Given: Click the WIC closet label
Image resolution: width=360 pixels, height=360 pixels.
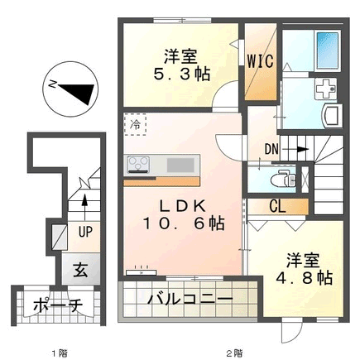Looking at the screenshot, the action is tap(260, 61).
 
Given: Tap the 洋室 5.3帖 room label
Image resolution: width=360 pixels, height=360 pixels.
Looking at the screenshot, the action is tap(181, 65).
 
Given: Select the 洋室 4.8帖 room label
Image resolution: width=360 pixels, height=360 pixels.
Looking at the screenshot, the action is tap(304, 269).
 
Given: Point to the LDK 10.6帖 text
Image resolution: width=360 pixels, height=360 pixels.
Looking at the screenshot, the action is tap(183, 214).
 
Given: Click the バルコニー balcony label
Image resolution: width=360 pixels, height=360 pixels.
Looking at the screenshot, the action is tap(190, 299).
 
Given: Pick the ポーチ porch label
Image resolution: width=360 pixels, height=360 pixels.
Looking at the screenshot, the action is tap(58, 305).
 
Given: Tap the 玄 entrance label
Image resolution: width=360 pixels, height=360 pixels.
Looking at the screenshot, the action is tap(80, 270).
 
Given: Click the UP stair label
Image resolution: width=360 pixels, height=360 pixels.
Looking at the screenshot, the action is tap(85, 232).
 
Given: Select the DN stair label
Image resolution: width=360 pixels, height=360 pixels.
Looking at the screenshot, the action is tap(271, 149).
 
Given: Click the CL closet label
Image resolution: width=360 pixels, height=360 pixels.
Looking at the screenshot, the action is tap(277, 206).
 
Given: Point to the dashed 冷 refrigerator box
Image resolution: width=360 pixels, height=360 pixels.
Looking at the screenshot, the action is tap(135, 124).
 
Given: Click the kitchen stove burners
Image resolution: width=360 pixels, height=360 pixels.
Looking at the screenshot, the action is tap(138, 165).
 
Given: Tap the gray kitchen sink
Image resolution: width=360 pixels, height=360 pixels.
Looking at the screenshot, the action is tap(180, 165).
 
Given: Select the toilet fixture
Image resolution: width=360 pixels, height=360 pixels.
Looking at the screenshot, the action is tap(283, 179).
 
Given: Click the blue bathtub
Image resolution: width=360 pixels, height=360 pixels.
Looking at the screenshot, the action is tap(328, 50).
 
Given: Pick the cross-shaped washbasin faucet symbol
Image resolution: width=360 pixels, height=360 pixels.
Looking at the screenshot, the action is tap(325, 89).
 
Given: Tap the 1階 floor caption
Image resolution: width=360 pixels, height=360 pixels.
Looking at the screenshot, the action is tap(60, 353).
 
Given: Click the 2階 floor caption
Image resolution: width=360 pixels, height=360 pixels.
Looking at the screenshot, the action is tap(235, 353).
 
